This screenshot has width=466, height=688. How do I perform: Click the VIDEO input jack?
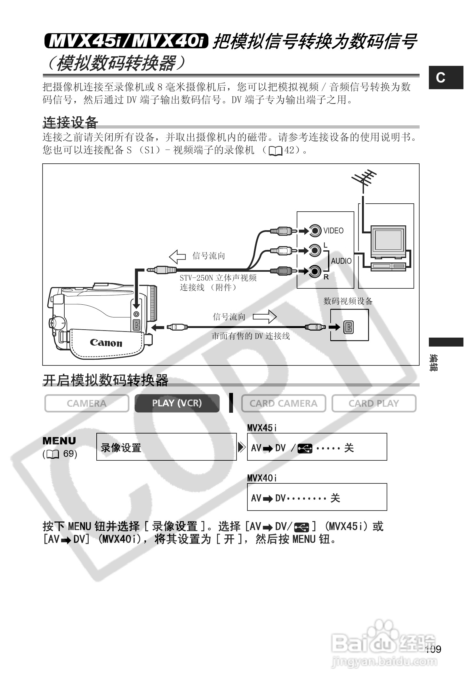click(315, 230)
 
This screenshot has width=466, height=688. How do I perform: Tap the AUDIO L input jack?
click(315, 250)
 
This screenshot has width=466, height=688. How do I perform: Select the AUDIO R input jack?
click(315, 271)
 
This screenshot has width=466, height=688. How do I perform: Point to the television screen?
click(388, 239)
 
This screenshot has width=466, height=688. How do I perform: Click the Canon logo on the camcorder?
click(106, 343)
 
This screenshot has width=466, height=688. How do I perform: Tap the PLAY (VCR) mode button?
click(177, 403)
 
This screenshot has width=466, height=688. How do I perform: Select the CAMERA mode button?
click(87, 403)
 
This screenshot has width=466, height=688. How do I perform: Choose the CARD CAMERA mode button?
click(284, 403)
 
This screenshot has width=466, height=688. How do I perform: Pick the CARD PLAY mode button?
click(374, 403)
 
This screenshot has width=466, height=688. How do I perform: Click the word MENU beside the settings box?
click(60, 441)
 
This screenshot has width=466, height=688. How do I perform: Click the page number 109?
click(433, 649)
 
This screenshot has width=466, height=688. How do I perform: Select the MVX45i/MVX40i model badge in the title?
click(126, 41)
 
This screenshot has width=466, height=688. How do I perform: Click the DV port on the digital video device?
click(348, 327)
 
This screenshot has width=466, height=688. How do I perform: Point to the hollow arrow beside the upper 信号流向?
click(177, 256)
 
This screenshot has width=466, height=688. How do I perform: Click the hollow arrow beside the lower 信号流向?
click(265, 317)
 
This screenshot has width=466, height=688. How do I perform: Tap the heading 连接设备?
click(70, 122)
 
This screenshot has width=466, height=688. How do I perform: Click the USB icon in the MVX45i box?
click(305, 449)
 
